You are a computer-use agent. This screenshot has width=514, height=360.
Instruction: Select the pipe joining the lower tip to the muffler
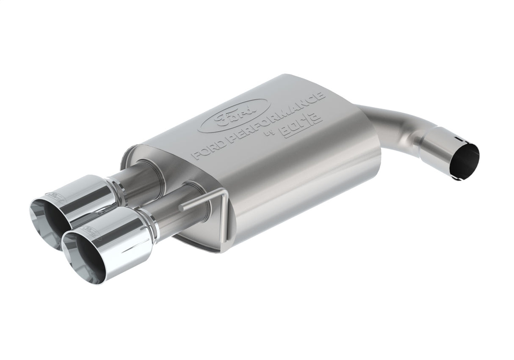click(x=178, y=212)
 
